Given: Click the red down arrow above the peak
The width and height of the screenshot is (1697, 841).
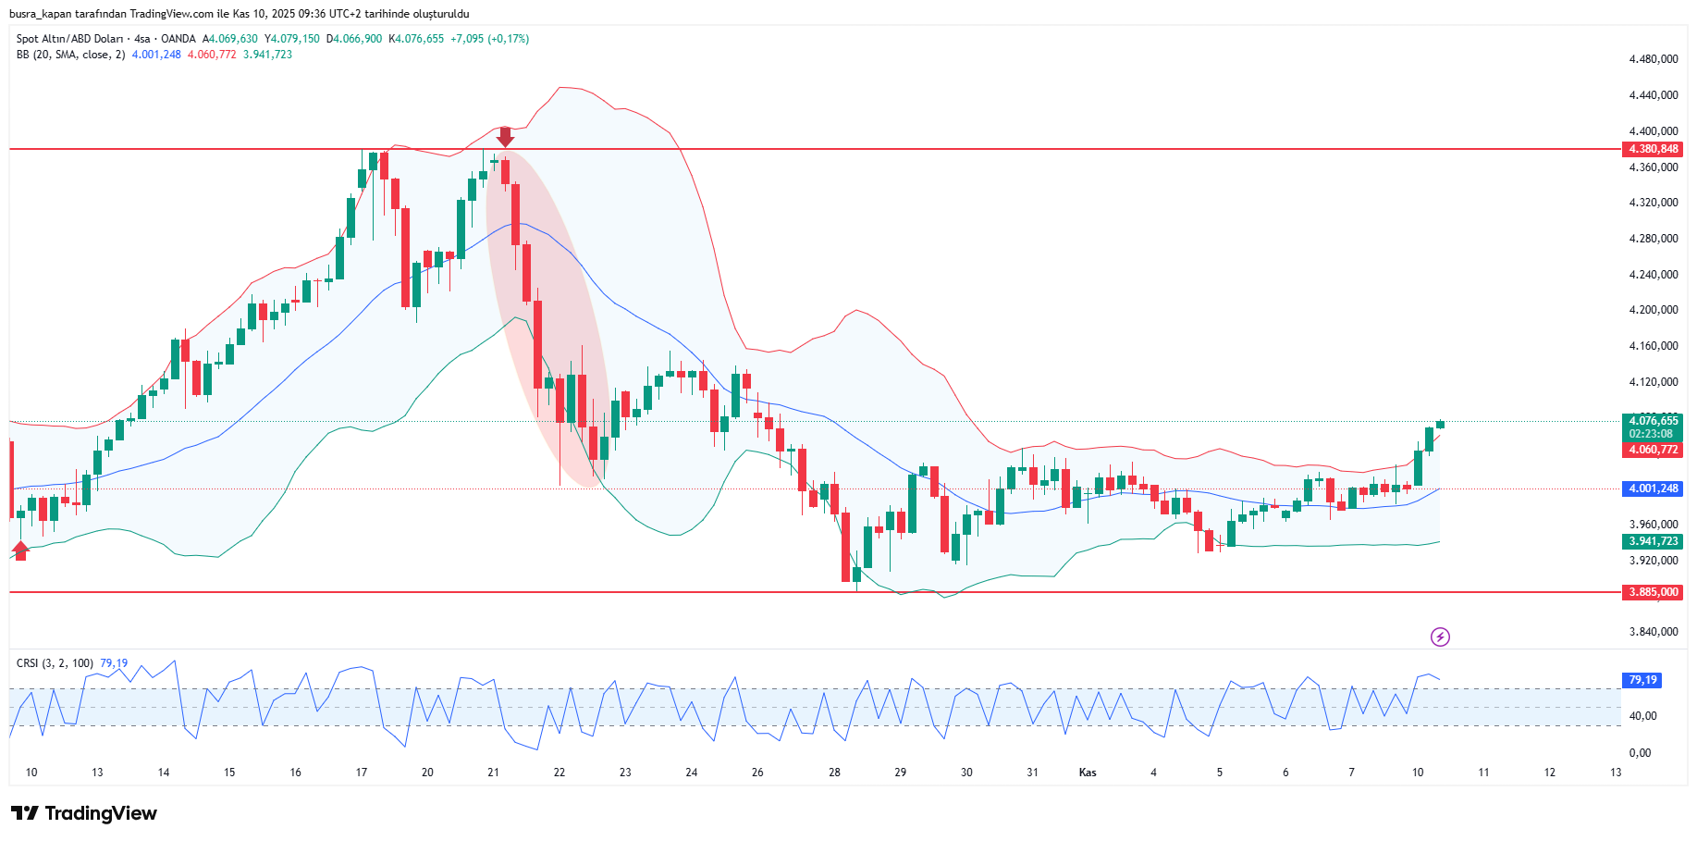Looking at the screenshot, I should click(505, 137).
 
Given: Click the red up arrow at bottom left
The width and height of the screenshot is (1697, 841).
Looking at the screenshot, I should click(20, 550).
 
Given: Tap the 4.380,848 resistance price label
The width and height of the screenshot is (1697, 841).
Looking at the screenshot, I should click(1654, 149).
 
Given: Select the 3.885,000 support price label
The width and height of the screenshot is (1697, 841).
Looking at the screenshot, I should click(1654, 592).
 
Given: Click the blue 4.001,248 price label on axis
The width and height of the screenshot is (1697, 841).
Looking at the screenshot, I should click(1654, 489).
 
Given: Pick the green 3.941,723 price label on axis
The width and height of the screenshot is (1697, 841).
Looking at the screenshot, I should click(1654, 541).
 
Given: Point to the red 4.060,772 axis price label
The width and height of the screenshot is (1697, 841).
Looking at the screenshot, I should click(1654, 450).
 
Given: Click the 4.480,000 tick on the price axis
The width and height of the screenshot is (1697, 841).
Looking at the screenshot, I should click(1654, 59).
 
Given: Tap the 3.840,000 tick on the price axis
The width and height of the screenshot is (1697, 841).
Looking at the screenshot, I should click(1654, 632).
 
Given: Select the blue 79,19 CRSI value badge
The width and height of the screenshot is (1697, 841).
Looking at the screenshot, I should click(1642, 680).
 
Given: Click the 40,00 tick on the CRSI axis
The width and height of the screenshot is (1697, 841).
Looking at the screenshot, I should click(1642, 716).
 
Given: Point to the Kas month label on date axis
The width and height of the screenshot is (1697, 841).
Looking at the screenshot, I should click(1088, 773).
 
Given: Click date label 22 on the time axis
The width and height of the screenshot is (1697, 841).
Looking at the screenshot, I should click(560, 773).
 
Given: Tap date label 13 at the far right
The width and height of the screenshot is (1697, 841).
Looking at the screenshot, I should click(1616, 773).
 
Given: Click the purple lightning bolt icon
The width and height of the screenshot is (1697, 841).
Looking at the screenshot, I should click(1440, 637).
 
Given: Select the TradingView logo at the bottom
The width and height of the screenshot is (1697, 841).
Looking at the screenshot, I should click(84, 813).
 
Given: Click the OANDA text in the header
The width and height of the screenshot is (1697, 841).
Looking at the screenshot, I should click(178, 39).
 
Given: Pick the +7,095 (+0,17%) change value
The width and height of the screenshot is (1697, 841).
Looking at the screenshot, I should click(489, 39).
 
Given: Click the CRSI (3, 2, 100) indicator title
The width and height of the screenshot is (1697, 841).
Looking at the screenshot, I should click(55, 663).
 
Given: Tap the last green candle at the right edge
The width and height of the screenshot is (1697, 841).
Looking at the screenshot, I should click(1440, 425).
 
